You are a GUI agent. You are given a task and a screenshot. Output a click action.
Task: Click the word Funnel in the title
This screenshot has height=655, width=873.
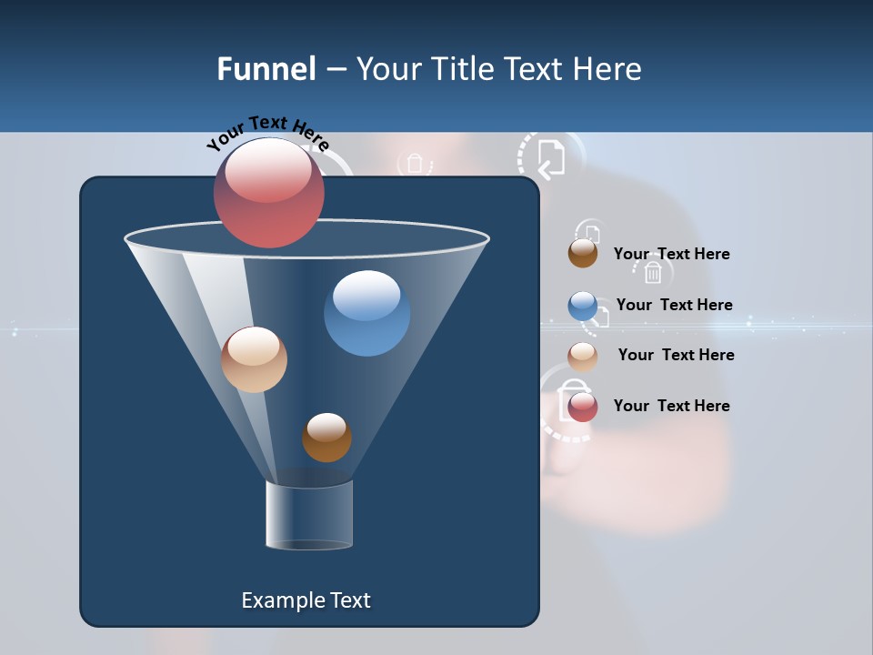[266, 69]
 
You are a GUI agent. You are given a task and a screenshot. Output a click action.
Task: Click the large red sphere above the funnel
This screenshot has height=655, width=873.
[269, 192]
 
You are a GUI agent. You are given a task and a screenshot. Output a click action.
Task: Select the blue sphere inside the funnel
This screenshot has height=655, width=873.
[366, 313]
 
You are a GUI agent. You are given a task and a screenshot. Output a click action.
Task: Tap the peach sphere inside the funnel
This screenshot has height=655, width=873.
[254, 359]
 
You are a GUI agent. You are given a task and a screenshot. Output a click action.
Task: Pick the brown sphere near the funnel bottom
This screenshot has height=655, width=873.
[326, 437]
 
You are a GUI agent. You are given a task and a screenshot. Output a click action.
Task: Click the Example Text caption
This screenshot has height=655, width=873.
[306, 600]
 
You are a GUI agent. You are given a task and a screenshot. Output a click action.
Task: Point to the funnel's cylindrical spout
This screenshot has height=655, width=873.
[309, 515]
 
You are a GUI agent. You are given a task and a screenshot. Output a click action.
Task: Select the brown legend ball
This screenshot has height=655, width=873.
[583, 254]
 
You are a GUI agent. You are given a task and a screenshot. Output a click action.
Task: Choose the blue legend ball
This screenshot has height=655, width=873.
[583, 306]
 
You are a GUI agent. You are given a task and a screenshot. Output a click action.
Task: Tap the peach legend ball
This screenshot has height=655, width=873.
[583, 356]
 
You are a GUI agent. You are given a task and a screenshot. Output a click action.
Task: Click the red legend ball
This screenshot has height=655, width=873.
[583, 407]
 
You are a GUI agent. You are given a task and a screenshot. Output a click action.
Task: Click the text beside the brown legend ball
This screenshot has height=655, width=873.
[671, 254]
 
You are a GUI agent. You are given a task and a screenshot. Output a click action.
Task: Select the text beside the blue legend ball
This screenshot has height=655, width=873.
[674, 305]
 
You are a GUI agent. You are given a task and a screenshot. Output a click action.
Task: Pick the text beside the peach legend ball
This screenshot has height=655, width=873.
[676, 355]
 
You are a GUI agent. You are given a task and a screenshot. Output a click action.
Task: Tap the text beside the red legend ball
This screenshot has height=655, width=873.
[671, 406]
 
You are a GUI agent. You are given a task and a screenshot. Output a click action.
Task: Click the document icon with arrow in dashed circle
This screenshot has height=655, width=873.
[550, 158]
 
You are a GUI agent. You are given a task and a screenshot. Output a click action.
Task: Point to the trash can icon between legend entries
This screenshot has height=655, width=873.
[652, 272]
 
